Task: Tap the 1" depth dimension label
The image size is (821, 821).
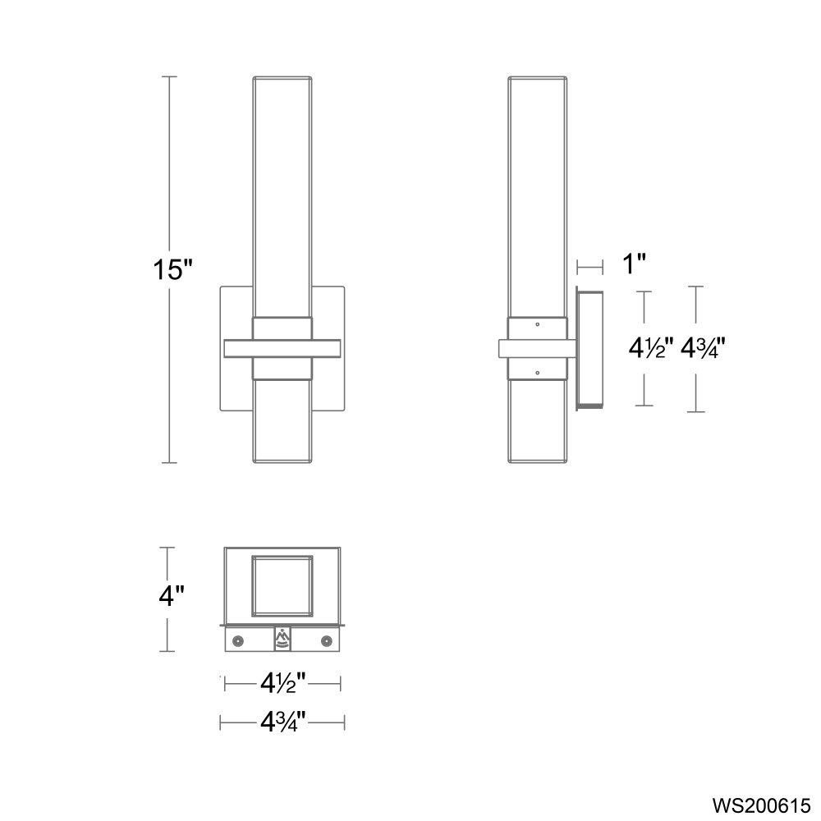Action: [x=633, y=264]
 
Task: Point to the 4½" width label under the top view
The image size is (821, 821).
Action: [x=283, y=682]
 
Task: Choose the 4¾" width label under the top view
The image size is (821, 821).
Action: [x=283, y=722]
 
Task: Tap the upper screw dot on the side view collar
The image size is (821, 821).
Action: [x=537, y=324]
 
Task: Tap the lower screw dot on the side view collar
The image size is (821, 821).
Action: [x=537, y=373]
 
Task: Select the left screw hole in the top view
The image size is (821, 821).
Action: [x=238, y=640]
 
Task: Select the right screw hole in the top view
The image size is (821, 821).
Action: [x=327, y=640]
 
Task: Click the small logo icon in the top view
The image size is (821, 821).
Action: [x=282, y=639]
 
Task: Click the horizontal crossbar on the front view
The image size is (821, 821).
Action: [x=282, y=348]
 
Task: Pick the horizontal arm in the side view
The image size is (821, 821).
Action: [x=538, y=348]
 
